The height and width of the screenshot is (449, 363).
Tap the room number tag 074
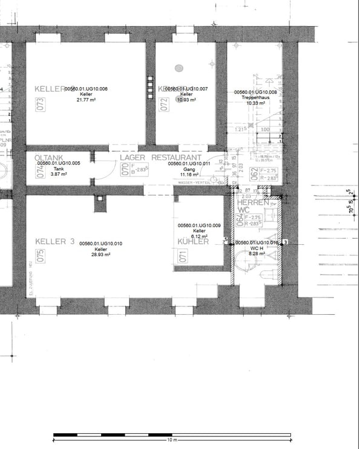tap(41, 171)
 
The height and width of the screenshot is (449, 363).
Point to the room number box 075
tap(41, 256)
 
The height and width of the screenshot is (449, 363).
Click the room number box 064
tap(240, 218)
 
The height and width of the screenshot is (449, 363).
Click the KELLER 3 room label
tap(54, 241)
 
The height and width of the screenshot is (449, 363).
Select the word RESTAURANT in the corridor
tap(176, 157)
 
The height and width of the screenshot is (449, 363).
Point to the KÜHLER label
tap(193, 242)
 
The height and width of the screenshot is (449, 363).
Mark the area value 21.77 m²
tap(87, 100)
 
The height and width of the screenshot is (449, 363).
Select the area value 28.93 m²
tap(100, 254)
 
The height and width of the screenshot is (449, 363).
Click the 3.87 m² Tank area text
tap(59, 174)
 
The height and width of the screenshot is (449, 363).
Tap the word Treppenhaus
tap(255, 98)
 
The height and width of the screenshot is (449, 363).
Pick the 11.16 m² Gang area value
tap(189, 174)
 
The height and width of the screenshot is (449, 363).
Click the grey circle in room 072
tap(179, 68)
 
